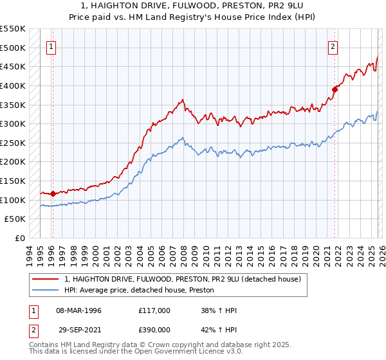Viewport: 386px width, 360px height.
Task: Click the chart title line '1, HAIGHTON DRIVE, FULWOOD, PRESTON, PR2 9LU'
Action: point(193,5)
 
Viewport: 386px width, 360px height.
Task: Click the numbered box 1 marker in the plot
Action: point(51,46)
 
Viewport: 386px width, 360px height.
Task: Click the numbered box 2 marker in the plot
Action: point(333,46)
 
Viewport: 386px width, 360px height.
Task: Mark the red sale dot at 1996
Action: point(52,193)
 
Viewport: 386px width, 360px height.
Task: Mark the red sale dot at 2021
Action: point(335,89)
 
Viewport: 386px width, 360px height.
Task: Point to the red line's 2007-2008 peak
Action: point(183,100)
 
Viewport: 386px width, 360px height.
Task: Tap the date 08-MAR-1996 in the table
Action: point(78,310)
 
